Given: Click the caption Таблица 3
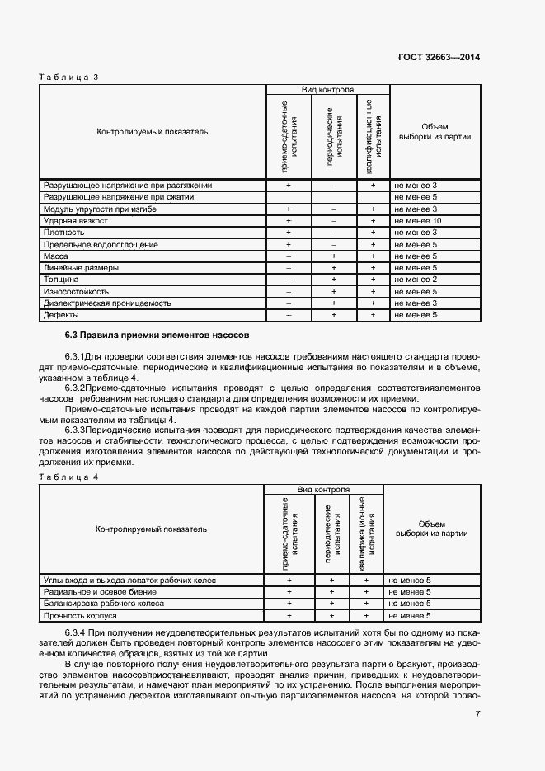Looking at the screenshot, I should [x=69, y=77].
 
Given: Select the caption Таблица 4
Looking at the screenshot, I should [x=69, y=477].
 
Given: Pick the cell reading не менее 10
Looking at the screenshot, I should [x=418, y=221].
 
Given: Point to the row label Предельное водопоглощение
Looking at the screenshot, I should [x=99, y=245].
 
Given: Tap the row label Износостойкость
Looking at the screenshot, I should [x=76, y=292].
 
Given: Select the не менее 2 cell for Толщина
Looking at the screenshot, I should [x=416, y=280].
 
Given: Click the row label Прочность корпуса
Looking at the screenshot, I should [x=80, y=615].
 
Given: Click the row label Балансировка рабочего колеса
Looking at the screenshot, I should [x=103, y=604].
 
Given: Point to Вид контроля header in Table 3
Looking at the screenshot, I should [x=327, y=89].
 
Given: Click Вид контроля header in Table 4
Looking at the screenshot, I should [x=323, y=490].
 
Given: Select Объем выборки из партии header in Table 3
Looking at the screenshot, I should [x=434, y=132].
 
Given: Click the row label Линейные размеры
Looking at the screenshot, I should [x=79, y=268].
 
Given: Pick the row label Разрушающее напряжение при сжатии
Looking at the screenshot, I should [x=119, y=198].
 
